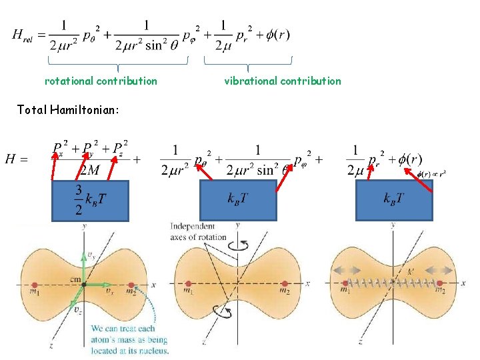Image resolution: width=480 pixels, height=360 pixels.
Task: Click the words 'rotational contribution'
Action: [x=101, y=81]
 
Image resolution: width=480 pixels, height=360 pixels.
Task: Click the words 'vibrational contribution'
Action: [x=282, y=81]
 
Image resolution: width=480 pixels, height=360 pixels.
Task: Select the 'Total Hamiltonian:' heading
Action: [x=68, y=109]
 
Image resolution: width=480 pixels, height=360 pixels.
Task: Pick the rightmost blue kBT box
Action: [x=395, y=200]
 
